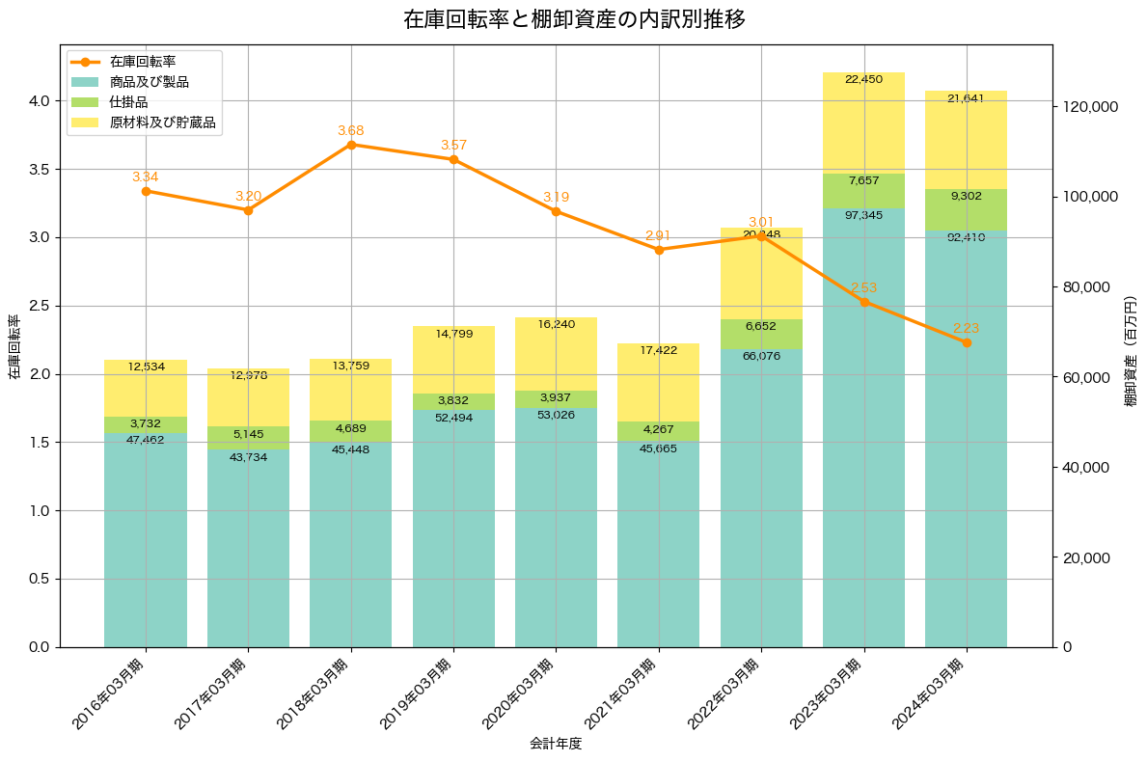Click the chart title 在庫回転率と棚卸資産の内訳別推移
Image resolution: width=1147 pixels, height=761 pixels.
pyautogui.click(x=574, y=19)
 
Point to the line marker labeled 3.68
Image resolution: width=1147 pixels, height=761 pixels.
pyautogui.click(x=351, y=145)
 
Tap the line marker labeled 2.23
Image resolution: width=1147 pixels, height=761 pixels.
pyautogui.click(x=967, y=342)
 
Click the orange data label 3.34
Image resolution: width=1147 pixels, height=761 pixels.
pyautogui.click(x=146, y=177)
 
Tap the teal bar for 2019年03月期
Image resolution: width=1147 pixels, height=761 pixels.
pyautogui.click(x=453, y=530)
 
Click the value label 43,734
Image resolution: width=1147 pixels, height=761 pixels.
pyautogui.click(x=249, y=456)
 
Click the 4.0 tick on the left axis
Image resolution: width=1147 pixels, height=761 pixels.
pyautogui.click(x=38, y=101)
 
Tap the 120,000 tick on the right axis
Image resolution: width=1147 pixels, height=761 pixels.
pyautogui.click(x=1089, y=106)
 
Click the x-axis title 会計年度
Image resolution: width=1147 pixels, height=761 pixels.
pyautogui.click(x=556, y=744)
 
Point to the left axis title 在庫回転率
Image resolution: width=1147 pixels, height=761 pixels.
pyautogui.click(x=14, y=347)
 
